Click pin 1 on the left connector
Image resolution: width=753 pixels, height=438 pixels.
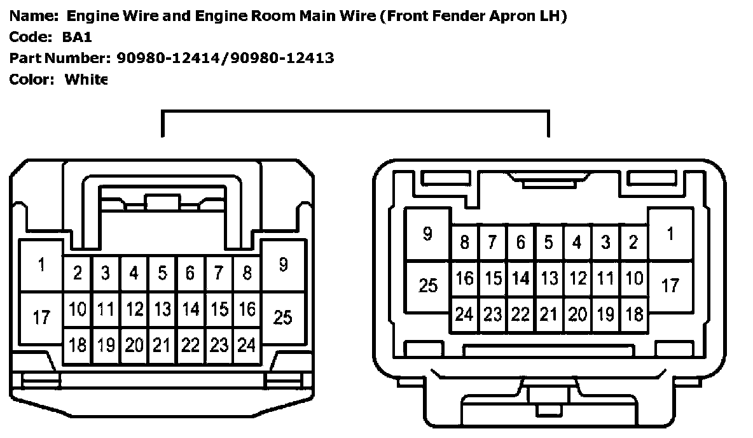click(41, 265)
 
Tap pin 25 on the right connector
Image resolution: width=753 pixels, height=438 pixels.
click(428, 286)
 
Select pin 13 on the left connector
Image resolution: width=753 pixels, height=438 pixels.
click(162, 309)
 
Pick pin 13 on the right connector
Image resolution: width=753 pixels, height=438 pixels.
click(548, 278)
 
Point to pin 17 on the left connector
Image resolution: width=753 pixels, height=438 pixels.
click(41, 316)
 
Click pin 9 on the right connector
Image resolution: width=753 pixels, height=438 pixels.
click(428, 234)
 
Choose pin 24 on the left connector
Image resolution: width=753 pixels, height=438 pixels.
click(247, 345)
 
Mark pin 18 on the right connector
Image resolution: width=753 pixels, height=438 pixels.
click(634, 314)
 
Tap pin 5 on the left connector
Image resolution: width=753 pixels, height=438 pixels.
click(162, 274)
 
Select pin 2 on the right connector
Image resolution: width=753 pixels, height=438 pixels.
click(633, 243)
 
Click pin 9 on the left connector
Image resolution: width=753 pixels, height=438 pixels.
click(283, 265)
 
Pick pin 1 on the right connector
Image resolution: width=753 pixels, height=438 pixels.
click(670, 234)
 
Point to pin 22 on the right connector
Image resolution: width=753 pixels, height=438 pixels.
click(520, 314)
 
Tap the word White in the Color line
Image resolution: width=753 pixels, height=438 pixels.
click(86, 80)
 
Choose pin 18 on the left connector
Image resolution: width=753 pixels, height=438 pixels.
click(78, 345)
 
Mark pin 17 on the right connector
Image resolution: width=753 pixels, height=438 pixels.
click(670, 286)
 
